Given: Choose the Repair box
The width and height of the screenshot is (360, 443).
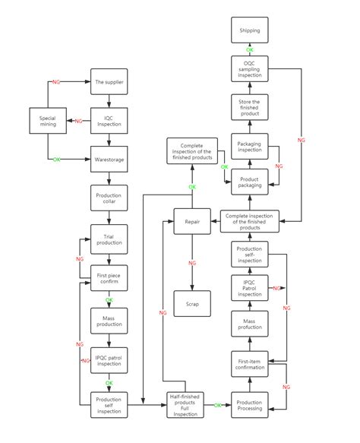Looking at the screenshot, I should click(191, 221).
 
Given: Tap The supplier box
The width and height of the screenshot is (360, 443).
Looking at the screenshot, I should click(109, 81).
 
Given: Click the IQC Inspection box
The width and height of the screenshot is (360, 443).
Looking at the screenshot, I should click(109, 120).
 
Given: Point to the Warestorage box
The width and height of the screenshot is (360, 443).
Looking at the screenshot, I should click(109, 160).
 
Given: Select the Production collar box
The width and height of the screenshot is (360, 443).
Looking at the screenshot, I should click(109, 198).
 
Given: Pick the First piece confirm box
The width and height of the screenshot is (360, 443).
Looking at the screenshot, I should click(109, 279).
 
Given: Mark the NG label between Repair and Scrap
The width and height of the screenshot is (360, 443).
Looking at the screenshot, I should click(191, 263).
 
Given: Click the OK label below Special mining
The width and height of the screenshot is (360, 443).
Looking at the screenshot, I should click(56, 160).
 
